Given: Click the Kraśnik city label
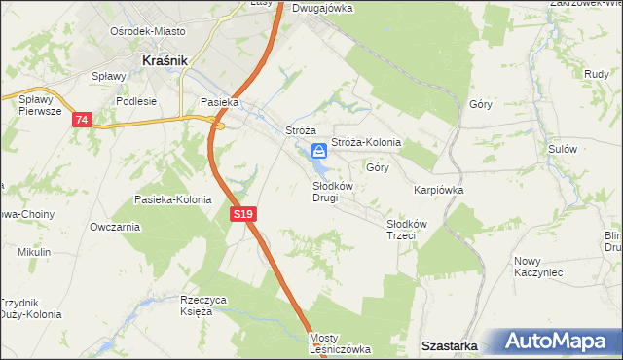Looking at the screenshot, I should click(x=164, y=59).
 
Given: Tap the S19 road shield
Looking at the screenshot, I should click(x=243, y=213).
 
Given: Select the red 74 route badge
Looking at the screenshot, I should click(x=81, y=120).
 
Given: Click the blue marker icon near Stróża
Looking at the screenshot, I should click(x=319, y=151).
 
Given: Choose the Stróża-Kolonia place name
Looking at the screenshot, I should click(x=366, y=142).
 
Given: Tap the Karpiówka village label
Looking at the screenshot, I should click(x=438, y=191).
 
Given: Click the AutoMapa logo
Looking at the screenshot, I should click(x=565, y=342).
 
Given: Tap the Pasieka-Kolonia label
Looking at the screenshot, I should click(x=173, y=199).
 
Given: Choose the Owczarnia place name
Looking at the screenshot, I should click(x=115, y=227).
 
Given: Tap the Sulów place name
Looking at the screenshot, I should click(x=563, y=149).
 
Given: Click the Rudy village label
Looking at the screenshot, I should click(x=596, y=73).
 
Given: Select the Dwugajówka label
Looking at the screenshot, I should click(x=322, y=8).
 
